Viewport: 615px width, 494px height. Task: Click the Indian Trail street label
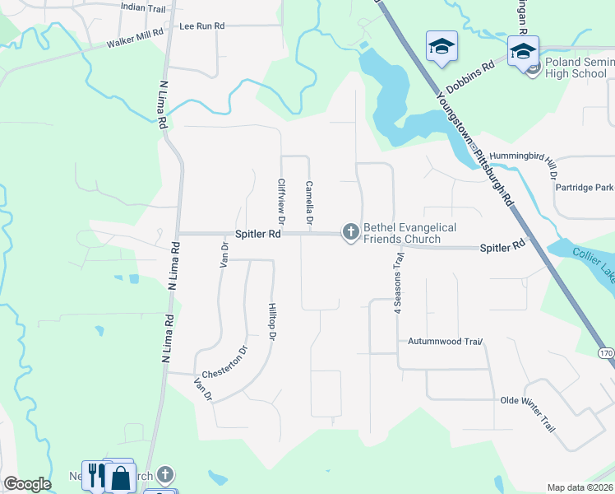[144, 7]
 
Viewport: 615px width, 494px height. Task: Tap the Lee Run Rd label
[201, 26]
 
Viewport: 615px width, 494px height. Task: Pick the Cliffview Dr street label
[281, 203]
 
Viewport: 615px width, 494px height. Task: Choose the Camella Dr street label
[309, 203]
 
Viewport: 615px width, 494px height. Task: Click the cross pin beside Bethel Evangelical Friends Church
[351, 233]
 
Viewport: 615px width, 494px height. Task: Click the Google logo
[27, 484]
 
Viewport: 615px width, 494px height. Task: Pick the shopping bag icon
[121, 478]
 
